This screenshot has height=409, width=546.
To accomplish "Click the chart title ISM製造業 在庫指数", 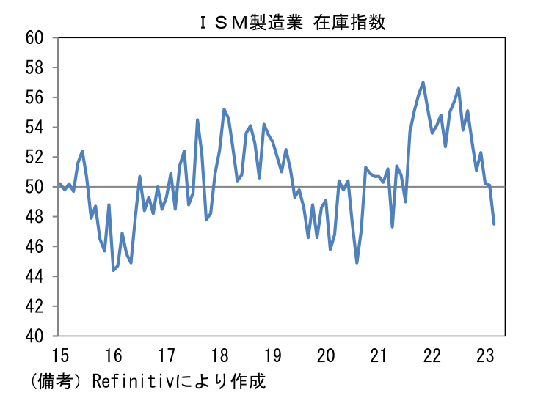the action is tap(293, 23).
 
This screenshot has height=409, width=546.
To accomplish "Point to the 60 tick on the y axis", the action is tap(34, 37).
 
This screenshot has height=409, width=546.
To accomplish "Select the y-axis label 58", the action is tap(34, 67).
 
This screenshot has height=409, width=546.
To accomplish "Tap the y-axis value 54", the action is tap(34, 128).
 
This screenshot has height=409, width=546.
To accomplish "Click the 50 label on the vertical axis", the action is tap(34, 187).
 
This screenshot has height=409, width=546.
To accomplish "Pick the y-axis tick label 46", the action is tap(34, 246).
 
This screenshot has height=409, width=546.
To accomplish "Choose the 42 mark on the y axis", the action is tap(34, 306).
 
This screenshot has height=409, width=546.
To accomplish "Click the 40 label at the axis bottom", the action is tap(34, 336).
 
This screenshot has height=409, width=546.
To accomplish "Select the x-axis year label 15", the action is tap(61, 355).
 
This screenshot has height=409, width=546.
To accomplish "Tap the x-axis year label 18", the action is tap(219, 355).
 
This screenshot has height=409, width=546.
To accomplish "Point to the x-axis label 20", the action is tap(326, 355).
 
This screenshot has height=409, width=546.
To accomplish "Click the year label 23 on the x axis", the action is tap(485, 355).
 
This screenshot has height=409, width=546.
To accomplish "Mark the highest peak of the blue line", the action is tap(423, 82).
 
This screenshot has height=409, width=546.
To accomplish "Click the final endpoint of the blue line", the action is tap(494, 224).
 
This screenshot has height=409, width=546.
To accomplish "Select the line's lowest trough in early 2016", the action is tap(113, 270).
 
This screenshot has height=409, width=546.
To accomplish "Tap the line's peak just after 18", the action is tap(224, 109).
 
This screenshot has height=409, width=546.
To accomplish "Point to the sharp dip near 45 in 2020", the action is tap(357, 263).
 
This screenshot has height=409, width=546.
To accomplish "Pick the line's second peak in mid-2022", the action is tap(459, 89).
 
